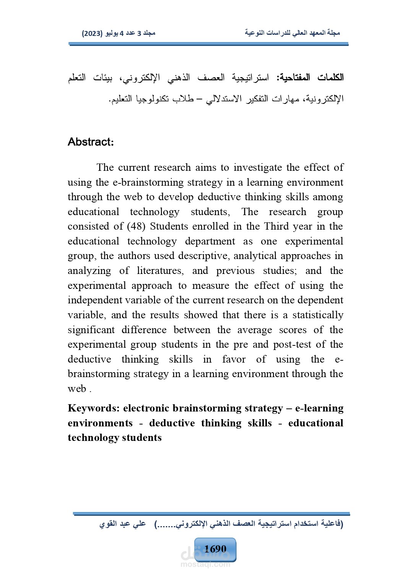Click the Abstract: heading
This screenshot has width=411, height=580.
click(91, 142)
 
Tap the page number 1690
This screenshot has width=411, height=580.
click(215, 549)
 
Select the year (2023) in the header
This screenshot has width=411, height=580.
click(92, 33)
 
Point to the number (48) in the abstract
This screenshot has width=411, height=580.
click(136, 226)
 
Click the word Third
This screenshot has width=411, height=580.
click(276, 226)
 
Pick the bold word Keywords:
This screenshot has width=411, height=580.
click(94, 408)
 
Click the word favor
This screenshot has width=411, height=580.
click(234, 359)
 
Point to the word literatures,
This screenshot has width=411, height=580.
click(160, 271)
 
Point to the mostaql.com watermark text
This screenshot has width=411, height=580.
click(205, 564)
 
